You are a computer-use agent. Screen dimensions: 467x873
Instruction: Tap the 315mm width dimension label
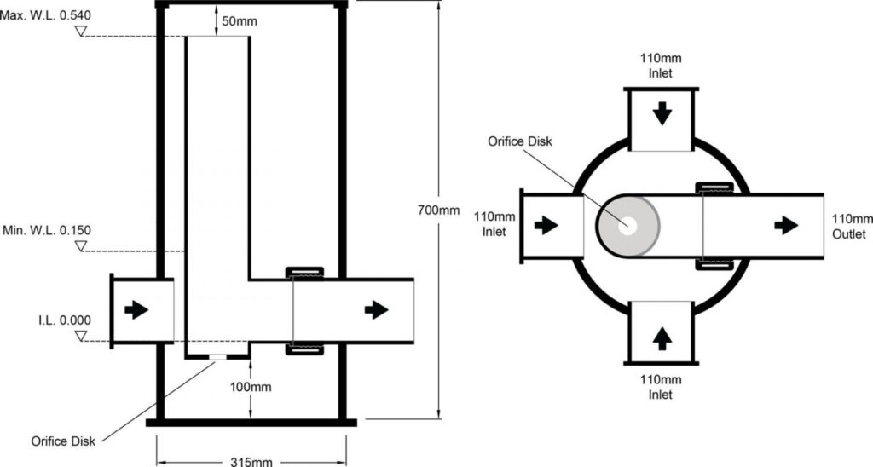[x=251, y=461]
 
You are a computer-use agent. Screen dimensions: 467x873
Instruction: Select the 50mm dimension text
[x=236, y=20]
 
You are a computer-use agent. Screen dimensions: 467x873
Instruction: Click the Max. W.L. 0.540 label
[x=47, y=14]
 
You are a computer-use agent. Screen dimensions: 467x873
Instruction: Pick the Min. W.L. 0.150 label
[x=47, y=230]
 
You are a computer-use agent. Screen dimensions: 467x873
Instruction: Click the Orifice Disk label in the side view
[x=63, y=441]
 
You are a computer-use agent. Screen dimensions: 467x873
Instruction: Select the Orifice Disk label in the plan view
[x=518, y=141]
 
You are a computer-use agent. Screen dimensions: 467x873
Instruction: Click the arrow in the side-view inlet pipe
[x=136, y=310]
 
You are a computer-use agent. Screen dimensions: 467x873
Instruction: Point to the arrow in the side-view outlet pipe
[x=376, y=310]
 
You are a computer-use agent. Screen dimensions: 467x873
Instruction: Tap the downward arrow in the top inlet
[x=662, y=113]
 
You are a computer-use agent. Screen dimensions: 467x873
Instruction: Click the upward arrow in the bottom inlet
[x=662, y=338]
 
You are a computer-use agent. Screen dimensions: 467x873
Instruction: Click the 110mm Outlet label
[x=850, y=227]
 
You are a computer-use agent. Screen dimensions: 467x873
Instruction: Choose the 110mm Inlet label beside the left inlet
[x=492, y=224]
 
